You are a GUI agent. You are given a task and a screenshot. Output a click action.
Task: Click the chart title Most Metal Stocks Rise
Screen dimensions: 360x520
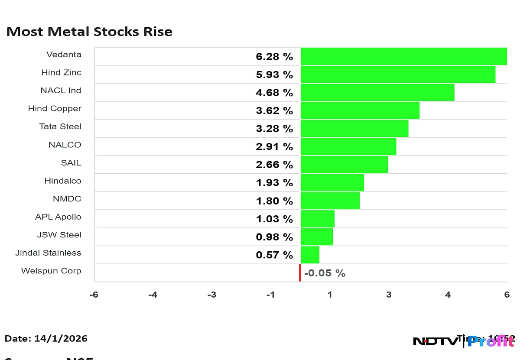(89, 32)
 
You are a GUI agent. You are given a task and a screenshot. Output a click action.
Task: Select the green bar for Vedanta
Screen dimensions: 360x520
(403, 56)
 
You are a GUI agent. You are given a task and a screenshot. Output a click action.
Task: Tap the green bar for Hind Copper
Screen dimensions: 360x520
(360, 110)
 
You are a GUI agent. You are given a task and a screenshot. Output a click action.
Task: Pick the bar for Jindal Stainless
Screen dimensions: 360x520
(310, 255)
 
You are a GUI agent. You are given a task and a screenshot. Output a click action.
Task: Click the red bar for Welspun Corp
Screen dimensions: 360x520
(299, 273)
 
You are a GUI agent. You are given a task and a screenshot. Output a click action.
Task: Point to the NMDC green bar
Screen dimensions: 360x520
(330, 201)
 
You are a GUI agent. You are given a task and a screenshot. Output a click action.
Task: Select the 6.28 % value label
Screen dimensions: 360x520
(274, 57)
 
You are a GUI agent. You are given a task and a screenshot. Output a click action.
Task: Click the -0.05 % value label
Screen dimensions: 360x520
(325, 273)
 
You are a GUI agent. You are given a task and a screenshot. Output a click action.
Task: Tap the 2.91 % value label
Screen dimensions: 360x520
(274, 147)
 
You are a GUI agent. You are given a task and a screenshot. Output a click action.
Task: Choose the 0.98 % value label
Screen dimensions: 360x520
(274, 237)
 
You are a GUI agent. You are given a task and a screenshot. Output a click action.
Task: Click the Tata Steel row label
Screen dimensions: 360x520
(60, 126)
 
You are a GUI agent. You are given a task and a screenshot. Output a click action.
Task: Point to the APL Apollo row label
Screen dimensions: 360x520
(58, 217)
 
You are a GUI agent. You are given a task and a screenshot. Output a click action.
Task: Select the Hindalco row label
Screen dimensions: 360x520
(63, 181)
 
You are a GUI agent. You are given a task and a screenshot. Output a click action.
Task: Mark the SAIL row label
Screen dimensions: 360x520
(71, 163)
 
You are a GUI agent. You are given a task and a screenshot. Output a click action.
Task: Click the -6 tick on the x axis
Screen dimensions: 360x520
(94, 295)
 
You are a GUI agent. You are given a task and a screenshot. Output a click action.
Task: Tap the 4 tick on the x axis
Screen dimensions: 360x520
(448, 295)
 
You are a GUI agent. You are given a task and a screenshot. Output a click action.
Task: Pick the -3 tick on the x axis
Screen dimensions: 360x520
(211, 295)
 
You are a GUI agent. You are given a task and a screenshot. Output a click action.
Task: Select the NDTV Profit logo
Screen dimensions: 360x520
(464, 341)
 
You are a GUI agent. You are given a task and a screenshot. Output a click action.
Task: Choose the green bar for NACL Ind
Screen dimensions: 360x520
(377, 92)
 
